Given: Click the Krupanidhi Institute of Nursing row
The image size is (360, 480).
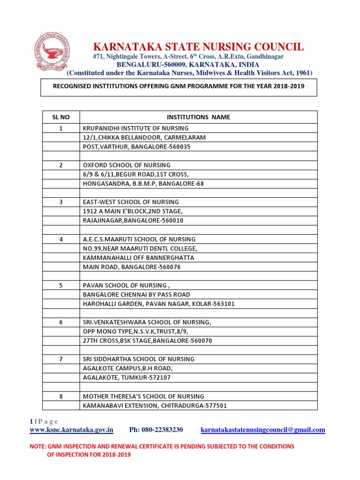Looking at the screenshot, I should click(136, 128).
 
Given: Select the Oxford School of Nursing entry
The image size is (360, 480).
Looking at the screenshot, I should click(127, 165).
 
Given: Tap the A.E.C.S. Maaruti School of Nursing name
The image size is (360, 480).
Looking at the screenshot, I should click(139, 239).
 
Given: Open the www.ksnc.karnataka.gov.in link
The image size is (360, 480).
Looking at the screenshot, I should click(72, 430).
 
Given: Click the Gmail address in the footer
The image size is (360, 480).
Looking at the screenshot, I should click(262, 430).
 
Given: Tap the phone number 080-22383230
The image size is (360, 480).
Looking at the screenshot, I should click(156, 430).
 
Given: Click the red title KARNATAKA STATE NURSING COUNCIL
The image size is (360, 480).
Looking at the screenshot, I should click(199, 47).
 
